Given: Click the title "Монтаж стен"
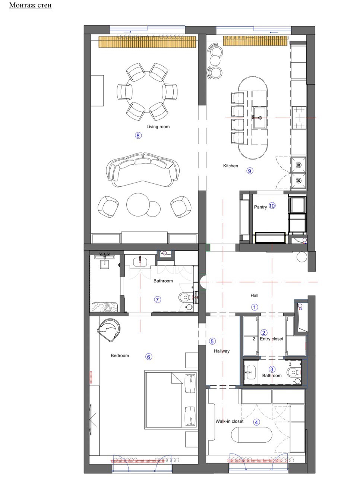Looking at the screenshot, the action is pos(30,5).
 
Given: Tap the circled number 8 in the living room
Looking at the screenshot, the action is pos(138,135).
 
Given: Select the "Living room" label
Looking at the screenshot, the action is pos(158,127).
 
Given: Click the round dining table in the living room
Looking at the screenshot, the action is pos(147,92).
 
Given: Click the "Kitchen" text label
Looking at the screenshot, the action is pos(231,166).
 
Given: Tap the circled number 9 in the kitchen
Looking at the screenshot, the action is pos(250,171).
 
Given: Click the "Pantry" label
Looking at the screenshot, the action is pos(260,207).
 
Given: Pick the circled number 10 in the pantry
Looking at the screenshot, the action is pos(272,206).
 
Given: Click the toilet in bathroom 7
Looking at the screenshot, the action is pos(185,296).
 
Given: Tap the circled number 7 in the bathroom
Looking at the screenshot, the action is pos(158,300).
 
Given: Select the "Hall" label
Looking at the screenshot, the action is pos(255,295).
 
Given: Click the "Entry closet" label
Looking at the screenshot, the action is pos(272,339).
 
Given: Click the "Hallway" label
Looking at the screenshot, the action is pos(222,351).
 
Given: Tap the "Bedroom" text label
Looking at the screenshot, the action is pos(120,356).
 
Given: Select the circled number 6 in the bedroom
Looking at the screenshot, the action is pos(149,357).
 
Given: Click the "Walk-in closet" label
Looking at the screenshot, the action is pos(230,421).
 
